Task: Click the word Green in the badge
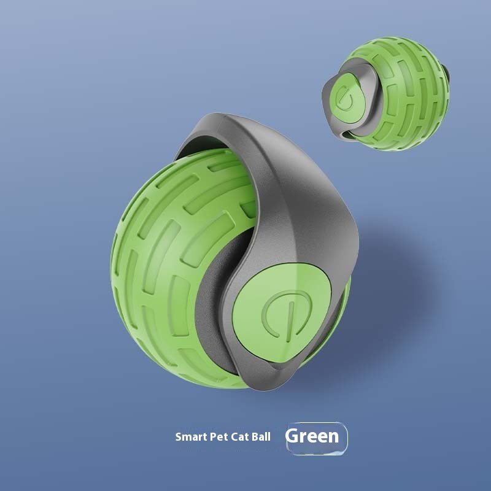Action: coord(312,436)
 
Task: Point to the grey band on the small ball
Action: coord(362,71)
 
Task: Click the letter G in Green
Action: coord(293,436)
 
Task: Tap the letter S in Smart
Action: coord(179,438)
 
